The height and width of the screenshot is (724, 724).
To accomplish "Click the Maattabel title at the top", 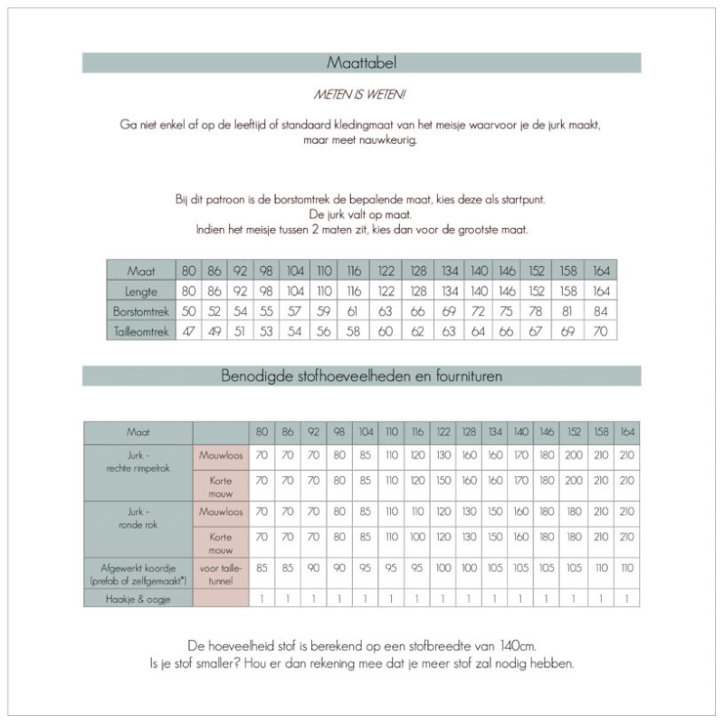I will point(361,63).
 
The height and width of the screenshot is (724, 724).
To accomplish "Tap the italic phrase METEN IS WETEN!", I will point(361,93).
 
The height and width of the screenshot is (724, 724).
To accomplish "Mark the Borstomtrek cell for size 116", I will point(354,310).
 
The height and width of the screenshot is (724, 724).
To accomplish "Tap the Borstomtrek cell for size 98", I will point(266,310).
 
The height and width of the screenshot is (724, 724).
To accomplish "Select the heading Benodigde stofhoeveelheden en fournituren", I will point(361,375).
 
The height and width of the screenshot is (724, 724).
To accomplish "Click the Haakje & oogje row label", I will point(138,598).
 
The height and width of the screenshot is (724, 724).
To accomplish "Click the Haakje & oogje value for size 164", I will point(627,598).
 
